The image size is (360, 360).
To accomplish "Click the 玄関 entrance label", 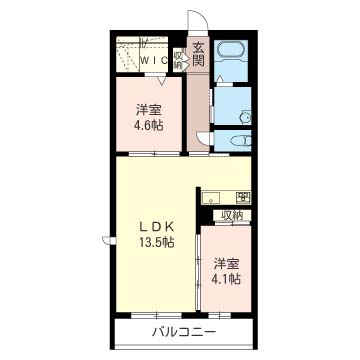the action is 199,55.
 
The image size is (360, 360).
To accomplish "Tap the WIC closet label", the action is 154,60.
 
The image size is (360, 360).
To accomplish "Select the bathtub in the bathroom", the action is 231,51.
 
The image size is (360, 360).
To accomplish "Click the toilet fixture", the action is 240,141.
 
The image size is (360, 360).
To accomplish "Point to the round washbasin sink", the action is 246,117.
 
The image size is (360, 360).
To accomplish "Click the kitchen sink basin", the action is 211,198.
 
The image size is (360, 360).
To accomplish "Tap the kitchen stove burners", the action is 244,198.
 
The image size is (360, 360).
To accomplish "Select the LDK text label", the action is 156,227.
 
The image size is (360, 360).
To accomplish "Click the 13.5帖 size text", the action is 156,243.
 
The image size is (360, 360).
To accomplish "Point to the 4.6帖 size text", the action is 149,126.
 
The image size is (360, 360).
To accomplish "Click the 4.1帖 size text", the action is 226,279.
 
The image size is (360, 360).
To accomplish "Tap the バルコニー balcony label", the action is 185,332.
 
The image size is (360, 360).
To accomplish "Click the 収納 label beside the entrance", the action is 178,60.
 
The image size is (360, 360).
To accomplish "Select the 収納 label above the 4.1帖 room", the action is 233,215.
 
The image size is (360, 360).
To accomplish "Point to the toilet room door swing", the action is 204,137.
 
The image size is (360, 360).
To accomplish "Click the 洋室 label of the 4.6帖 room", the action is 149,110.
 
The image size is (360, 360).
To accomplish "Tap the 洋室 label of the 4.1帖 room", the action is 226,264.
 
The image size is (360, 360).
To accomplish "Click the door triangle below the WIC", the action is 162,81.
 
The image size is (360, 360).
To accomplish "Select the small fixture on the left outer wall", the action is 109,240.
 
